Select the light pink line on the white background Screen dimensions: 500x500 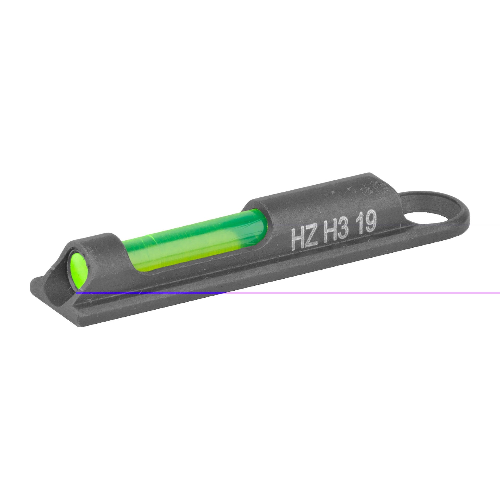365,293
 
